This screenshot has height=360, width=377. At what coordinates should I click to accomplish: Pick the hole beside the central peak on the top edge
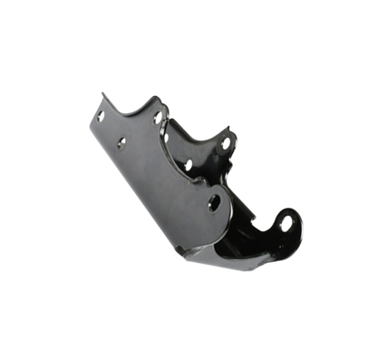(x=159, y=119)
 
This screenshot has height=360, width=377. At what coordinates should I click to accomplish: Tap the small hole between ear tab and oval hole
(x=188, y=165)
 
